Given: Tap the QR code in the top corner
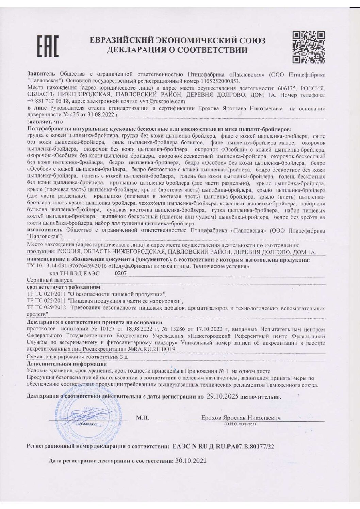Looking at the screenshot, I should coord(309,47).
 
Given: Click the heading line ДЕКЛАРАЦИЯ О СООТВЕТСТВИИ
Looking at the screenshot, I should coord(177,51).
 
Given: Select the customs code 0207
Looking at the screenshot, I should coord(121,273).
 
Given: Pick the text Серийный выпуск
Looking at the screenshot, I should coord(50,280).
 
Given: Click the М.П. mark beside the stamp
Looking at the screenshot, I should coord(142,418).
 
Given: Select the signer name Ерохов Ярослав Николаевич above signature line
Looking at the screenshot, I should coord(241,418).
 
